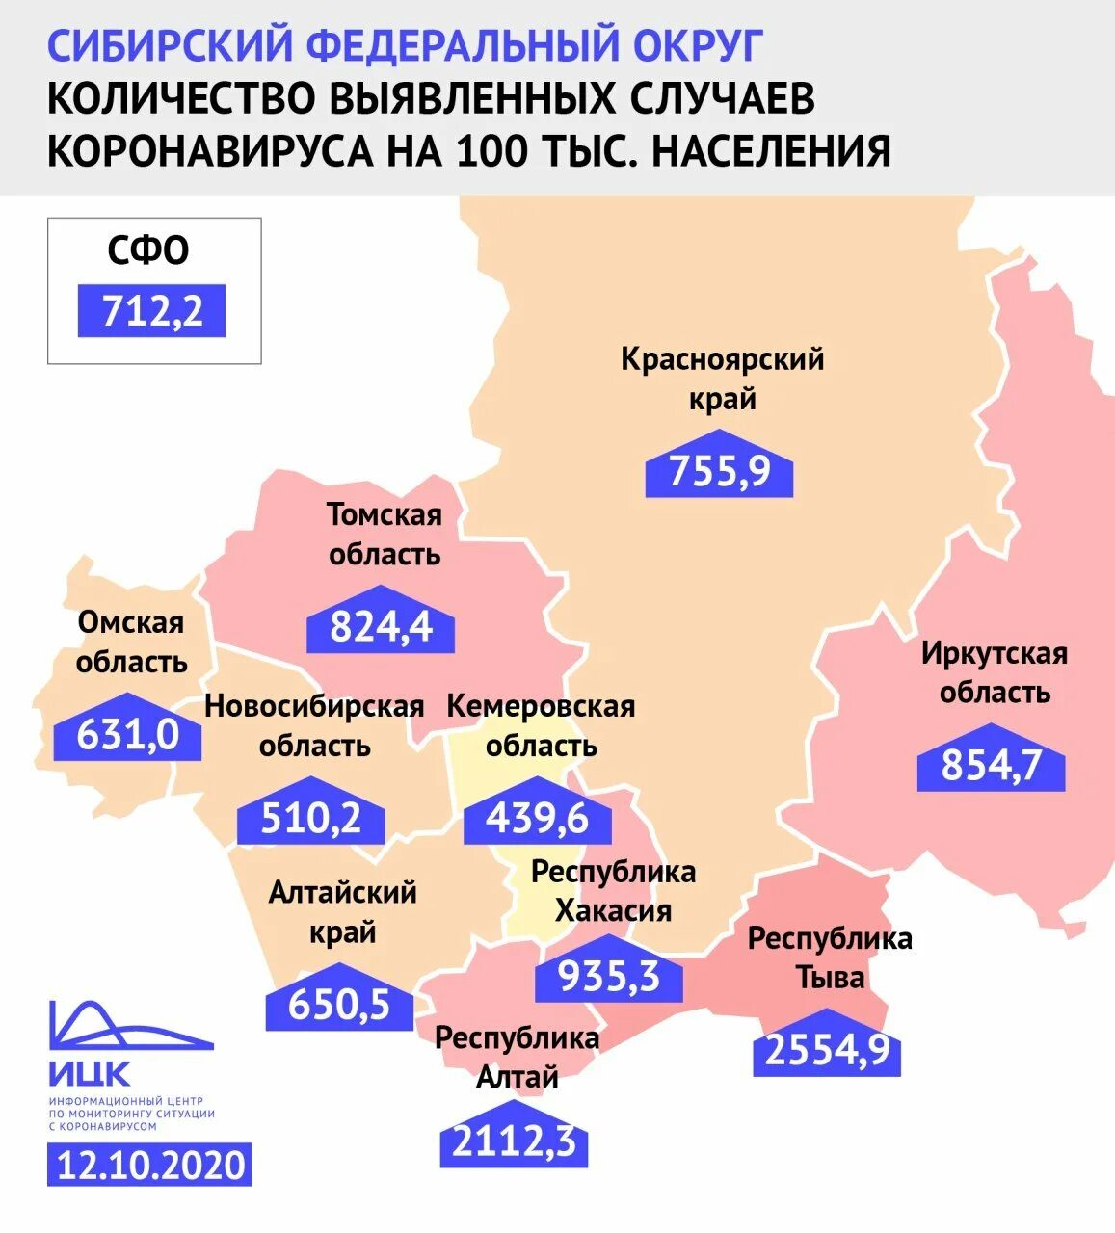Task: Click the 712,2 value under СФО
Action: pyautogui.click(x=151, y=311)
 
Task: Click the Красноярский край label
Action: pyautogui.click(x=722, y=379)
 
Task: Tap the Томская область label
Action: pyautogui.click(x=384, y=535)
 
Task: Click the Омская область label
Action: pyautogui.click(x=131, y=643)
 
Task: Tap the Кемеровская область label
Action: pyautogui.click(x=541, y=725)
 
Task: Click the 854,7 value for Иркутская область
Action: pyautogui.click(x=991, y=766)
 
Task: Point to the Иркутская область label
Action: pyautogui.click(x=995, y=672)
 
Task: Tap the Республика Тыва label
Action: pyautogui.click(x=830, y=958)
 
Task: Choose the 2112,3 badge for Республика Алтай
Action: pyautogui.click(x=514, y=1142)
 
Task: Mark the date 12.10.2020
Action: pyautogui.click(x=150, y=1166)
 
